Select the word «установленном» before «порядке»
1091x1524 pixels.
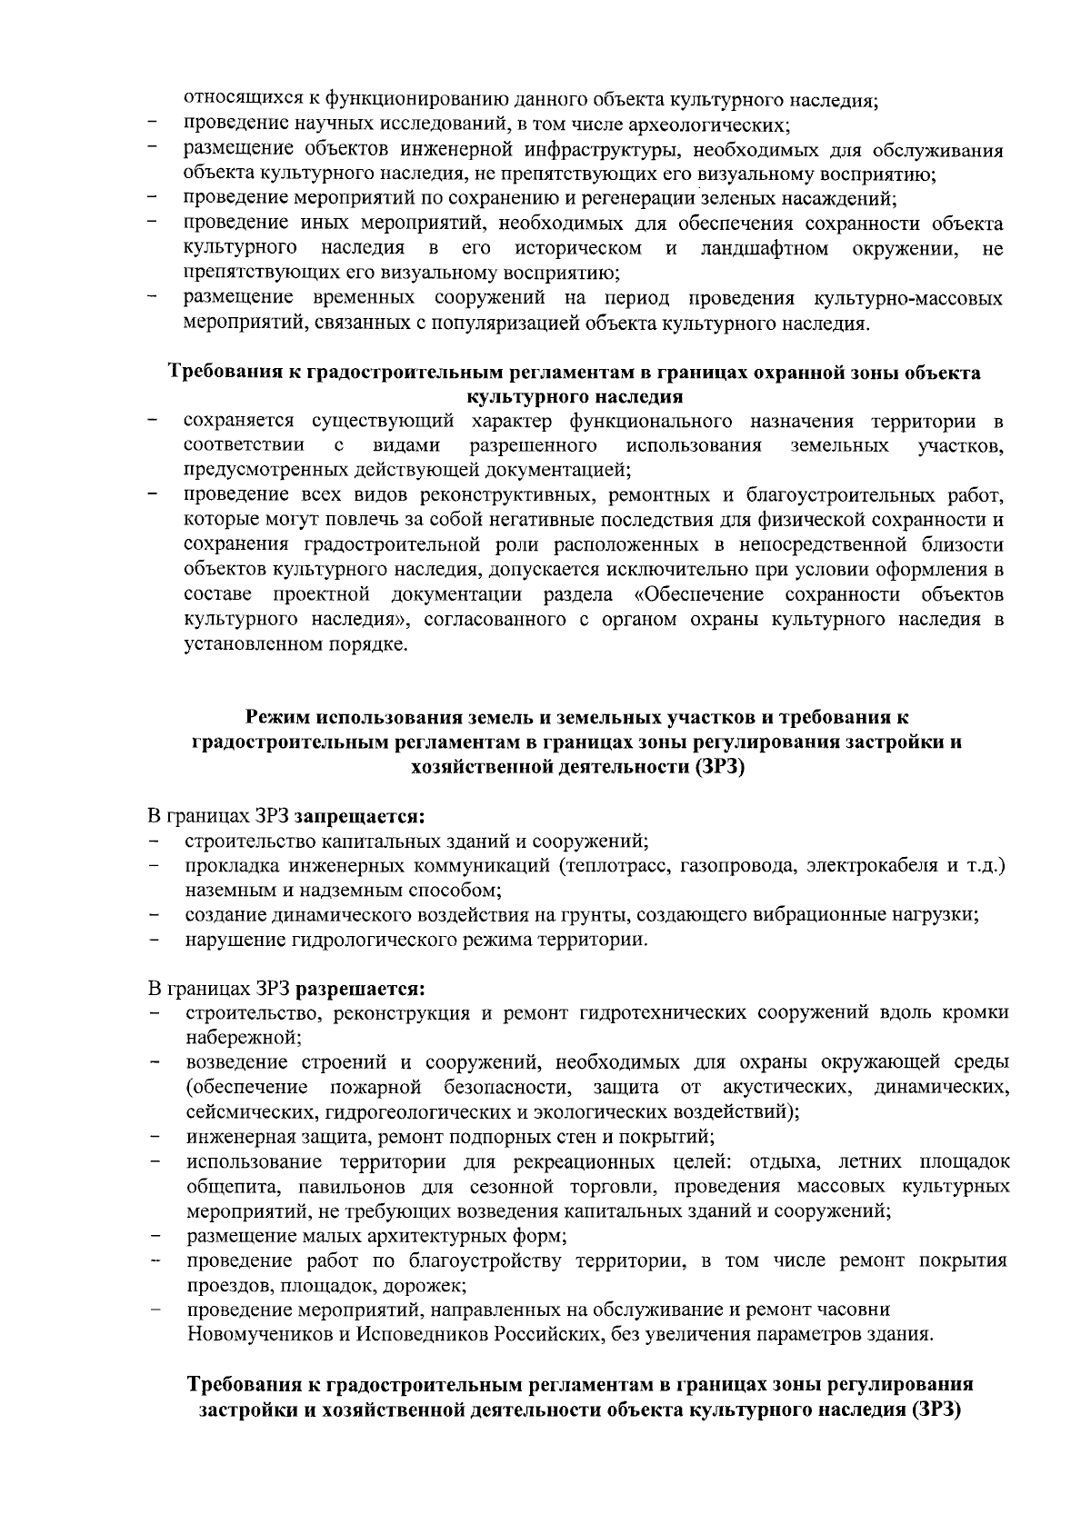tap(245, 645)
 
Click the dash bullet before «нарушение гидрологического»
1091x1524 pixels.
tap(155, 940)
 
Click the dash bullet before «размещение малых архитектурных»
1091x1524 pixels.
tap(155, 1236)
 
